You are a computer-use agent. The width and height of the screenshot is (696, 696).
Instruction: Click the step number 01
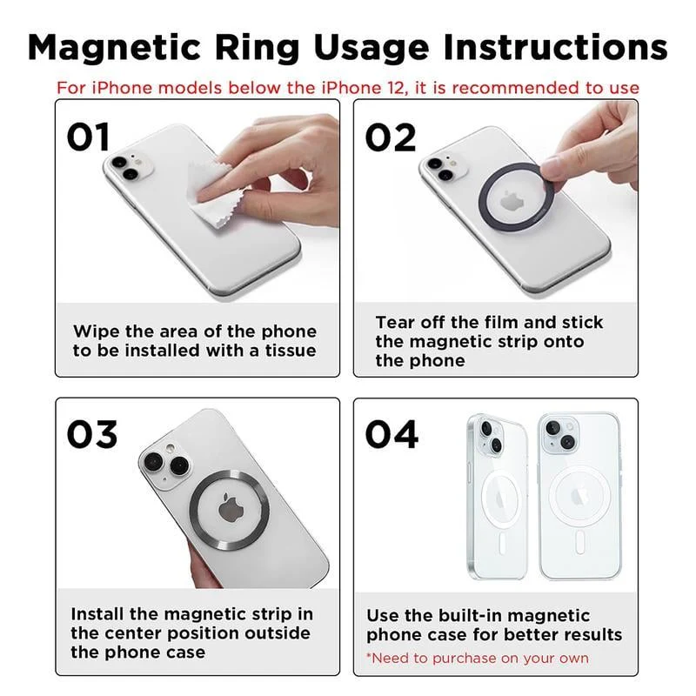(90, 137)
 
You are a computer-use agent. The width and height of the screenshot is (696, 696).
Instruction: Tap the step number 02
(391, 137)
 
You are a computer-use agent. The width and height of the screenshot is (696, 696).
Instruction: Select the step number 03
(92, 434)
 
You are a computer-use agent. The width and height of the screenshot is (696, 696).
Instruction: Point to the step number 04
(391, 434)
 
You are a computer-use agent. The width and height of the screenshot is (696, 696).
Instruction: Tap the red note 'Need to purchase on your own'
(477, 658)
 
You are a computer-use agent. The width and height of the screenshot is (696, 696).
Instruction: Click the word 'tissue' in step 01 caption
(287, 351)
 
